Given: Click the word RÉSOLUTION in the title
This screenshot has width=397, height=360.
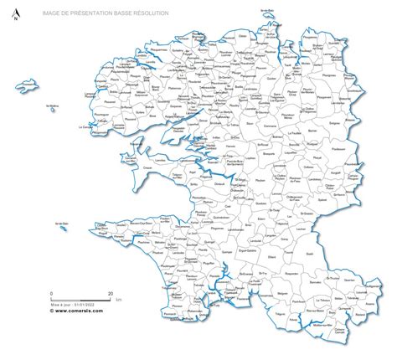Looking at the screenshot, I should point(150,13).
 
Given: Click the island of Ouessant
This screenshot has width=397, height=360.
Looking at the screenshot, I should point(28,86).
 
